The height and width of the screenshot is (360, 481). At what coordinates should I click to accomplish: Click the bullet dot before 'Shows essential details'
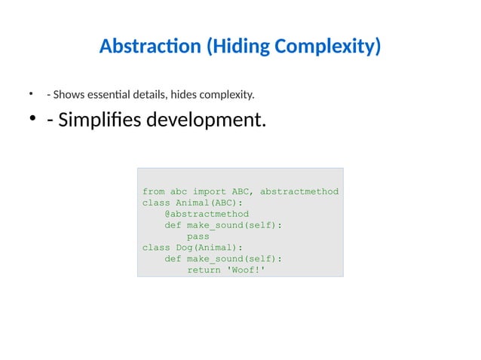(x=32, y=94)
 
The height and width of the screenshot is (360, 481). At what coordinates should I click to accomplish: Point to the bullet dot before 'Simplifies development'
(x=33, y=120)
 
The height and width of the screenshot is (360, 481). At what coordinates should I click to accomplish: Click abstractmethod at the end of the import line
(x=299, y=191)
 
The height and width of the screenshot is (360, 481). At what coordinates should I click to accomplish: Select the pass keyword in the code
(x=198, y=236)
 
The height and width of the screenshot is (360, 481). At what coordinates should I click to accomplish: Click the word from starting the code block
(x=153, y=191)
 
